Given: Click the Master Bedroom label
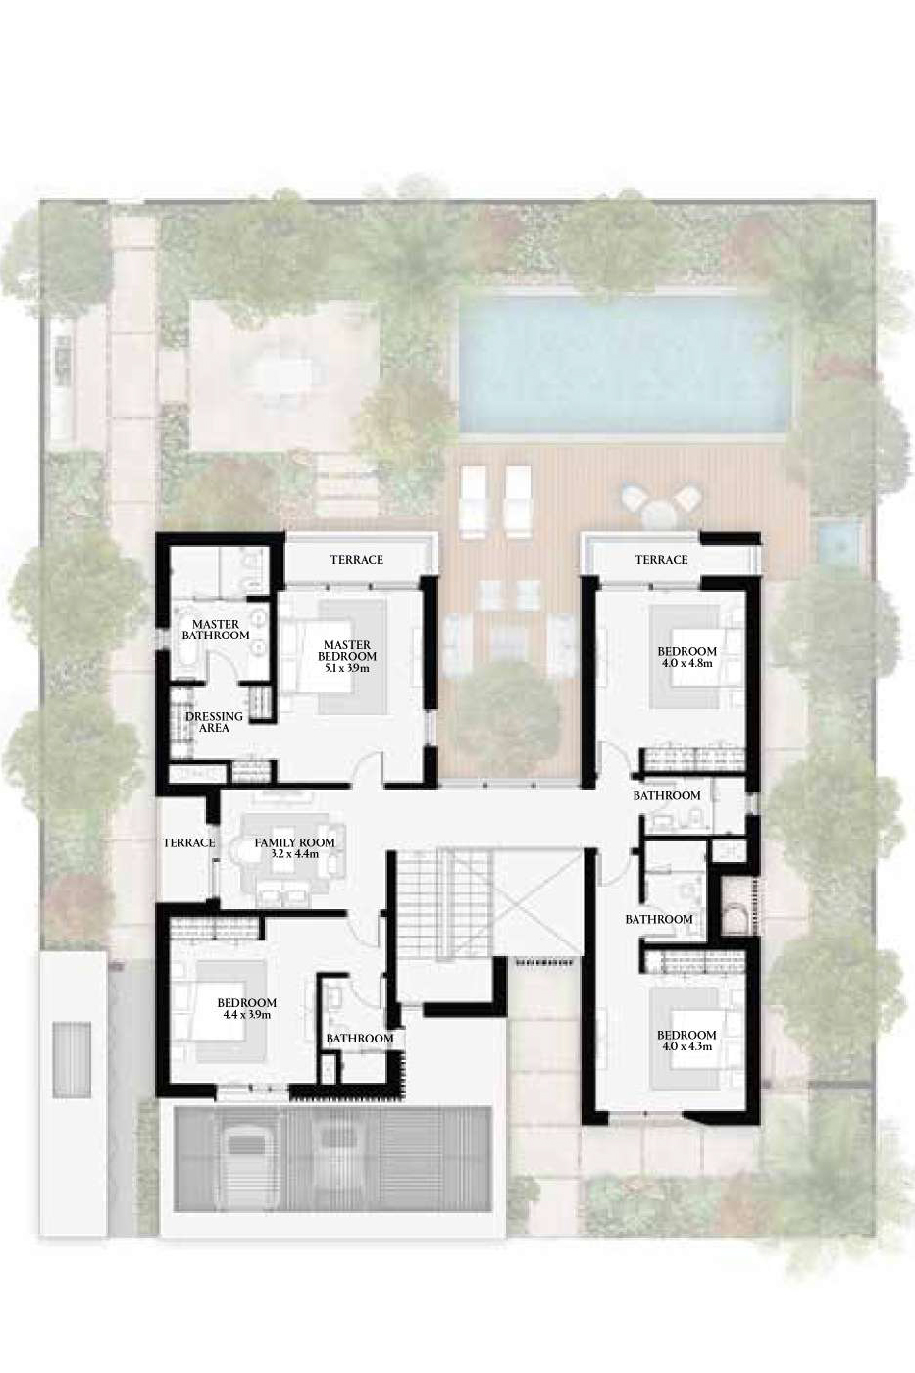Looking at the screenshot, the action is tap(347, 651).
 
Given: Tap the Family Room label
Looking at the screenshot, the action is tap(295, 842).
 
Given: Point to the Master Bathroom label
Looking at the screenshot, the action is tap(216, 630).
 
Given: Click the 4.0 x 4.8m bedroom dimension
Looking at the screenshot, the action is tap(687, 663).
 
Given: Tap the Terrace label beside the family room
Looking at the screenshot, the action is tap(188, 842).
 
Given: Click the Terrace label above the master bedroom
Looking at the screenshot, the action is tap(357, 560).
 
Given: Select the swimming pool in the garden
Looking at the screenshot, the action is tap(623, 363).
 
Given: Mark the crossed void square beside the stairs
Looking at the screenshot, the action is tap(537, 902).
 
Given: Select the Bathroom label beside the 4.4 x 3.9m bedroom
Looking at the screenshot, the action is tap(360, 1039).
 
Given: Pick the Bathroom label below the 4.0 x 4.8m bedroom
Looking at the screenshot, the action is tap(667, 795).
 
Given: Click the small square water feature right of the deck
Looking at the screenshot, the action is tap(840, 540).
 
